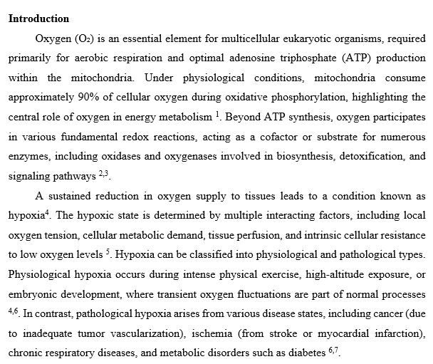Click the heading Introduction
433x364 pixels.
click(38, 19)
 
